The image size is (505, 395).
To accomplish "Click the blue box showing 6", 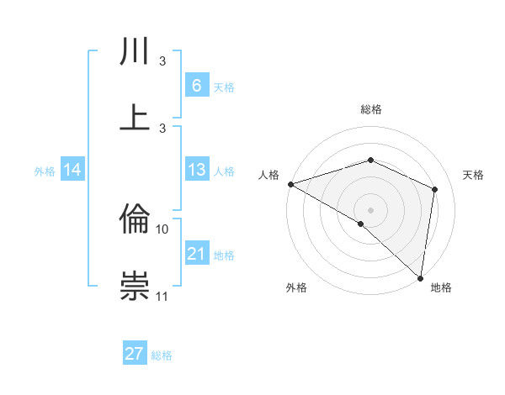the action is (196, 85).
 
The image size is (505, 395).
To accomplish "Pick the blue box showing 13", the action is (196, 170).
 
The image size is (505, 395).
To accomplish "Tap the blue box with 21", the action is (196, 254).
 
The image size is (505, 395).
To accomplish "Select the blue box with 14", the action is (72, 170).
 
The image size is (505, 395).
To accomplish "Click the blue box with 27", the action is (135, 354).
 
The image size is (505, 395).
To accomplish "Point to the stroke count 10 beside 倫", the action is (162, 229).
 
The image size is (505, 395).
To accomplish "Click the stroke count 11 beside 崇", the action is (162, 296).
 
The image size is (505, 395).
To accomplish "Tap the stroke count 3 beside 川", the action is (162, 61).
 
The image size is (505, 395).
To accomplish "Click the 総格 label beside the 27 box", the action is (162, 355).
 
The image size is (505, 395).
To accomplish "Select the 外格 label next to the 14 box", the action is (45, 171).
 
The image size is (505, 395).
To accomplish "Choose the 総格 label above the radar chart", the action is (370, 109).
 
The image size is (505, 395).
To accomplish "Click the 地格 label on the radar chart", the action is (441, 287).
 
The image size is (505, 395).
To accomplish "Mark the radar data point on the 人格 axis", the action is (290, 184).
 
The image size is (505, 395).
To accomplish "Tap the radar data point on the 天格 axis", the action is (435, 189).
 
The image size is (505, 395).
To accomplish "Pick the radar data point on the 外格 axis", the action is (360, 224).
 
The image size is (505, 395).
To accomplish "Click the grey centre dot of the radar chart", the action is (370, 208).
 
